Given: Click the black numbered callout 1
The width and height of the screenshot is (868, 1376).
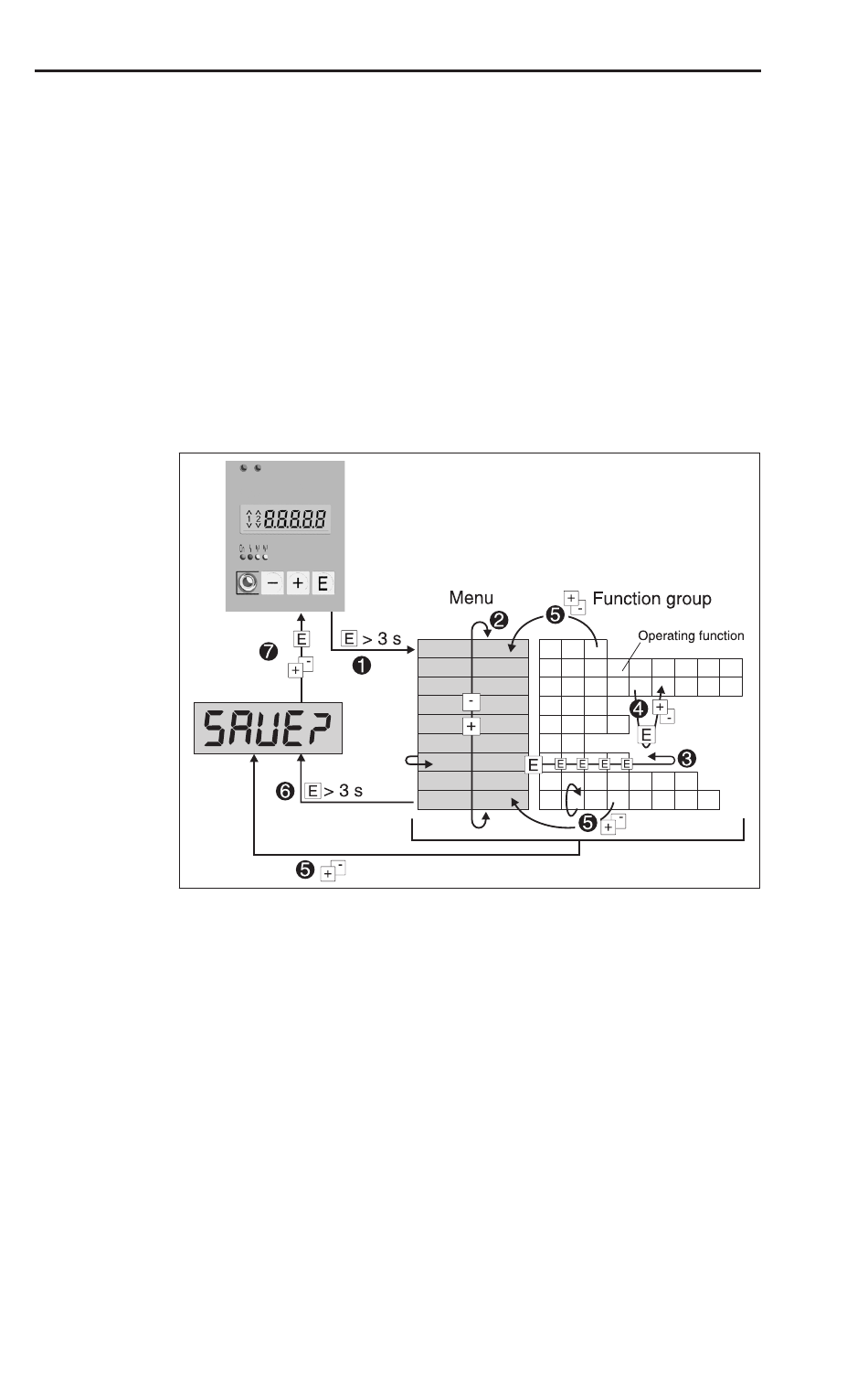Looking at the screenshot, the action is (x=362, y=666).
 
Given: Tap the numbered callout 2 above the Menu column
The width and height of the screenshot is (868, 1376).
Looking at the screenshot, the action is (x=499, y=620).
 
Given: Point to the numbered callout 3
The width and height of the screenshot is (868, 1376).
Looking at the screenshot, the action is (x=686, y=759).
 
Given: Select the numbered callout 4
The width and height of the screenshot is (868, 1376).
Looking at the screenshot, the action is (x=639, y=709).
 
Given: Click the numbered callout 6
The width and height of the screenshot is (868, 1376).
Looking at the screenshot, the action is (x=285, y=791).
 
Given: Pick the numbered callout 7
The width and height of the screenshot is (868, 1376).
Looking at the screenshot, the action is (x=269, y=652).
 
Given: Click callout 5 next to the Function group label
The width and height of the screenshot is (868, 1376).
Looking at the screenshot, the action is (x=555, y=615).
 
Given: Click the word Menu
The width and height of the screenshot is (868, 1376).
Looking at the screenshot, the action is (x=471, y=598).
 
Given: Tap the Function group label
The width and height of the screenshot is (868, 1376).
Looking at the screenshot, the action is (x=652, y=599).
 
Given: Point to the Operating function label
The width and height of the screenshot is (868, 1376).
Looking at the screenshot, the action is (x=692, y=635).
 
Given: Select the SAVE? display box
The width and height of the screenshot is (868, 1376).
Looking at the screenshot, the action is (x=269, y=728).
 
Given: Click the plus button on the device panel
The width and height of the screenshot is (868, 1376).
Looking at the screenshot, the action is (x=298, y=583).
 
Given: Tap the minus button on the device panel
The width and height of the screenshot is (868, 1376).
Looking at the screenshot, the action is (x=273, y=583).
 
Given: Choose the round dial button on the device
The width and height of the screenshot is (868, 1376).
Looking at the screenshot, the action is (x=248, y=582).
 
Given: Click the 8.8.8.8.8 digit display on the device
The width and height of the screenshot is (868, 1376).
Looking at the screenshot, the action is (x=285, y=519).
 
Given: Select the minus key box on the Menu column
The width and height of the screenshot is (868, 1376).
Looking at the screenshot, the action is (x=471, y=701).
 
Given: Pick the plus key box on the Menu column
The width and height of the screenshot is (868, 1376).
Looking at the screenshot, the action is (x=471, y=727).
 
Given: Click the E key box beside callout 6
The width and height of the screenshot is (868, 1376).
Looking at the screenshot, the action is (x=312, y=791).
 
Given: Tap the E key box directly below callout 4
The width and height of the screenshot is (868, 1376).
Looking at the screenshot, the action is (x=646, y=735).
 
